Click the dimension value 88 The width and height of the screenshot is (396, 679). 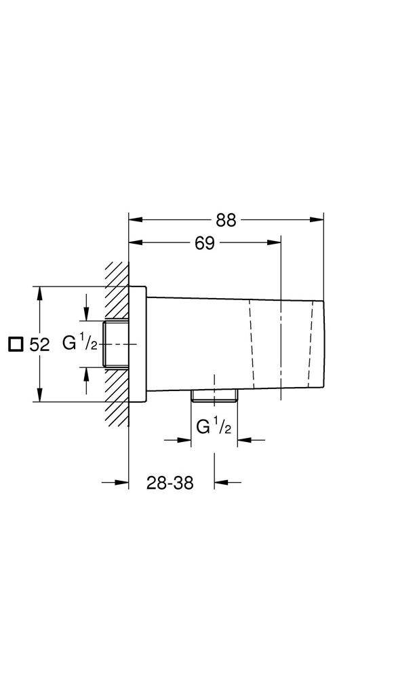226,221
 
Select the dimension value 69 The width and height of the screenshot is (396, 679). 205,243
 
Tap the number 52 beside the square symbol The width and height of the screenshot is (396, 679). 40,345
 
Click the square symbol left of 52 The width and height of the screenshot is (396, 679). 16,345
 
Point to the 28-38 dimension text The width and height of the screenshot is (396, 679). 170,483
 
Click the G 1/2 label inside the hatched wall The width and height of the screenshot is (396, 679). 81,344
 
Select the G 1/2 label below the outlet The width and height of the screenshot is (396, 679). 214,427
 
